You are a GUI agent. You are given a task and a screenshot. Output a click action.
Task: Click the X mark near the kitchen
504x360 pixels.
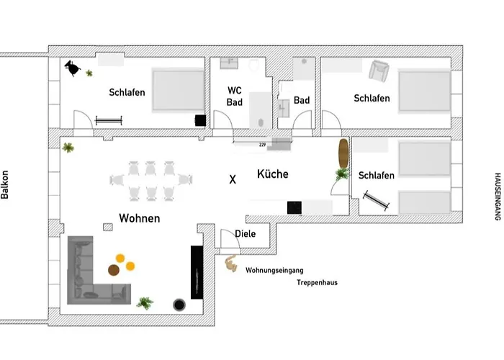(x=232, y=179)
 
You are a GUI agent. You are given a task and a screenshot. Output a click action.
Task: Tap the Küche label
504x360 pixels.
(x=272, y=174)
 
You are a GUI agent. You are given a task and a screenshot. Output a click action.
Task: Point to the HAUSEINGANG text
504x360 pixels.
(x=497, y=195)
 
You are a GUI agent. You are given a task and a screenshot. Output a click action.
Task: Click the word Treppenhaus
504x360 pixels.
(x=317, y=283)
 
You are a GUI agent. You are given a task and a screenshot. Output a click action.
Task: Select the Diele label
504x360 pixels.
(x=246, y=234)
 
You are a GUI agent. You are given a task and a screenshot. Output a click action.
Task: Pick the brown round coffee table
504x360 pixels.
(x=114, y=270)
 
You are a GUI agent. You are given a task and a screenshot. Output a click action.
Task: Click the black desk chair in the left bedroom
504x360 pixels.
(x=73, y=68)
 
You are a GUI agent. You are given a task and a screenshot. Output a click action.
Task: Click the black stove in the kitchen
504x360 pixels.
(x=294, y=207)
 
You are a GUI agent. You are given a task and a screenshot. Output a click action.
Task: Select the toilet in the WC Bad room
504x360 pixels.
(x=253, y=66)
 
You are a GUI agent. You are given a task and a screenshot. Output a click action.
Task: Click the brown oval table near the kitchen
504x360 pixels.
(x=343, y=152)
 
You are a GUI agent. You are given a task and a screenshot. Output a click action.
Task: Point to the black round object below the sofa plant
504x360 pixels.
(x=179, y=305)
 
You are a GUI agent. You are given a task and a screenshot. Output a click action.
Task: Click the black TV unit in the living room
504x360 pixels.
(x=197, y=271)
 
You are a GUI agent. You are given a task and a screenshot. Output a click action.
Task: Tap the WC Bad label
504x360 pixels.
(x=235, y=96)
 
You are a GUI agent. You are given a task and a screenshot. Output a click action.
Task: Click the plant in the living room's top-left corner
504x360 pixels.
(x=68, y=148)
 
